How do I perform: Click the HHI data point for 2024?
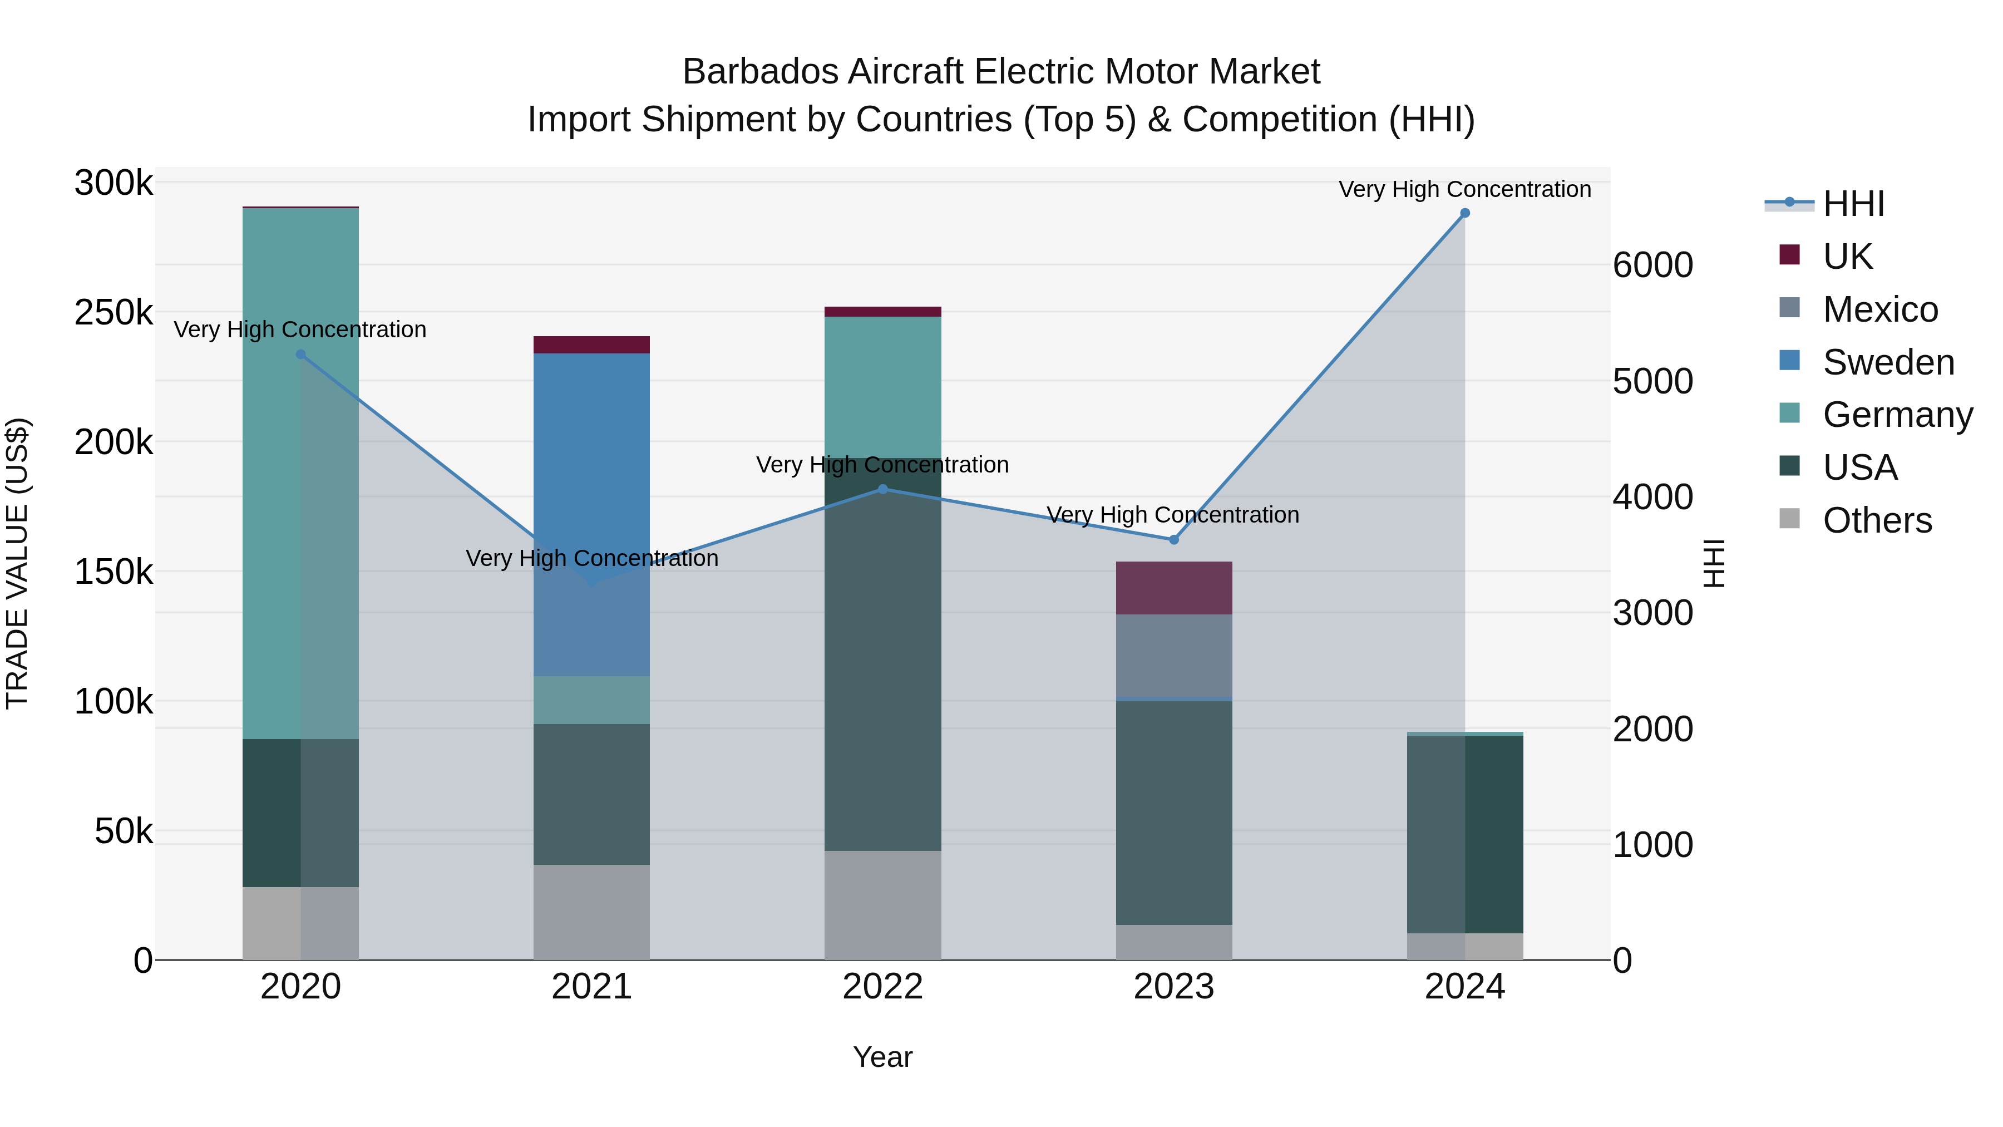(1465, 213)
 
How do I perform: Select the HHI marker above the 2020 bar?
(301, 355)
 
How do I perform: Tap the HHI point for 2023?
(1174, 540)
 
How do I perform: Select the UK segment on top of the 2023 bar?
(1174, 588)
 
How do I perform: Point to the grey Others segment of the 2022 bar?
(882, 905)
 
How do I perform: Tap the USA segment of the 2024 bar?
(1465, 834)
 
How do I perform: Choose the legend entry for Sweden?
(1888, 362)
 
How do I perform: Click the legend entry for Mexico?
(1880, 309)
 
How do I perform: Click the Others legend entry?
(1877, 520)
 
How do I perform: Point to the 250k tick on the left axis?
(114, 313)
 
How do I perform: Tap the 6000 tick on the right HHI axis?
(1652, 265)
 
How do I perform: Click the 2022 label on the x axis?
(882, 987)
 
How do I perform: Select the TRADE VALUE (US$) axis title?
(17, 563)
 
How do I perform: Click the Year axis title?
(882, 1057)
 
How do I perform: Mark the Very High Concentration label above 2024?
(1464, 189)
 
